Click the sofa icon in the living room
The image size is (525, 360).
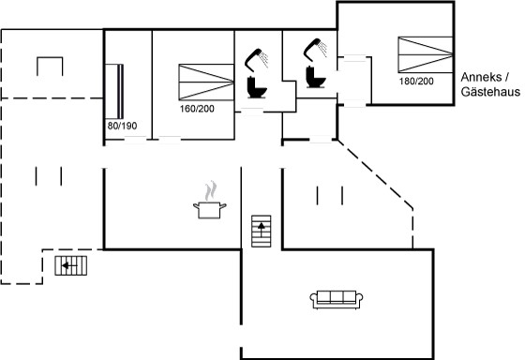pos(337,299)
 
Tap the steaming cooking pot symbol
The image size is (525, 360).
pos(210,200)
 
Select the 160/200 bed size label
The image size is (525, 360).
pos(197,109)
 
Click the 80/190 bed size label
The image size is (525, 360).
pos(122,126)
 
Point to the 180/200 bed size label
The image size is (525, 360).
pos(416,81)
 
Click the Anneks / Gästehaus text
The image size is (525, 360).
pos(490,84)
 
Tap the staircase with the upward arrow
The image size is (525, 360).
pos(262,231)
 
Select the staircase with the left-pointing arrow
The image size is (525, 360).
pos(71,265)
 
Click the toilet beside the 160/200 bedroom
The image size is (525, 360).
pos(257,87)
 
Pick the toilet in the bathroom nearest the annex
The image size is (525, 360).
pos(316,77)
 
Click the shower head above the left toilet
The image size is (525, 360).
pos(257,60)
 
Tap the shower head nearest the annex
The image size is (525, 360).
pos(315,50)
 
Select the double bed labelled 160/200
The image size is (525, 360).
pos(206,82)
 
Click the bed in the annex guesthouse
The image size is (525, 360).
pos(426,54)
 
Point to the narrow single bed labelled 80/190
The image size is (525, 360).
pos(114,91)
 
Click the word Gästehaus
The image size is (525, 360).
pos(490,92)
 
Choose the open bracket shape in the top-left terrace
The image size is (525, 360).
pos(50,57)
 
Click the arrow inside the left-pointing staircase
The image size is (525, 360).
pos(69,265)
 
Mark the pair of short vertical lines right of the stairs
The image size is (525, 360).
pos(330,195)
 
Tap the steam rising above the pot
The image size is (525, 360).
pos(211,190)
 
